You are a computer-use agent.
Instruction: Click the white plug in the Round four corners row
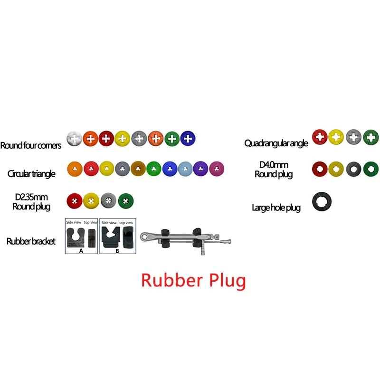pos(75,139)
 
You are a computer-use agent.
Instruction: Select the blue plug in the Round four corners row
pos(188,139)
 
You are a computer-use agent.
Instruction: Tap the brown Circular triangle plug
pos(138,169)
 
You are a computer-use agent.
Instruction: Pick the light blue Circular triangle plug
pos(185,169)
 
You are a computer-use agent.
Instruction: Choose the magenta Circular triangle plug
pos(217,169)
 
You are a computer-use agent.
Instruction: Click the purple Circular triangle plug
pos(200,169)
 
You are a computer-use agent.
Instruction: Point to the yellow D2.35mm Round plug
pos(91,200)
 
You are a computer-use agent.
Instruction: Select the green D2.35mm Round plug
pos(126,201)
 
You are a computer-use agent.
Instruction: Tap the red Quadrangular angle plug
pos(320,137)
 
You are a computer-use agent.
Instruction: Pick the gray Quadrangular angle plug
pos(353,137)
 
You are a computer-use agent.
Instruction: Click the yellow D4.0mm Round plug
pos(336,169)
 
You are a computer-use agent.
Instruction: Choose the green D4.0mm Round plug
pos(371,169)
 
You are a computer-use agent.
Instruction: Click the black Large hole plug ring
pos(315,201)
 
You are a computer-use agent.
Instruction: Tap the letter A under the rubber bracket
pos(81,251)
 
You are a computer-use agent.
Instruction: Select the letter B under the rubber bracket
pos(117,251)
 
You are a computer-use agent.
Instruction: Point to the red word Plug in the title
pos(228,281)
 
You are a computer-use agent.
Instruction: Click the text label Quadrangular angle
pos(276,143)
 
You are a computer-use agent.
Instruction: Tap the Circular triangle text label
pos(31,174)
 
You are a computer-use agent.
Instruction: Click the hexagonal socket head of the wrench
pos(145,236)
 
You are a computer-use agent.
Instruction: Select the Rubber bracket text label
pos(31,241)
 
